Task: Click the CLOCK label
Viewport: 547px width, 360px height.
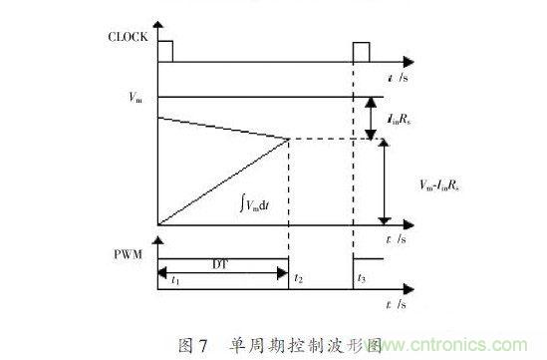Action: click(x=129, y=39)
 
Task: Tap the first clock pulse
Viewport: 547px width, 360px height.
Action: click(x=165, y=51)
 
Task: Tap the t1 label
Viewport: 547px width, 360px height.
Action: click(x=174, y=281)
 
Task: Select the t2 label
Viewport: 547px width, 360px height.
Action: click(x=297, y=281)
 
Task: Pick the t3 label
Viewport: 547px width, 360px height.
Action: click(x=362, y=281)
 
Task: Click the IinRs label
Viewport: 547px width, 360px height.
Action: click(x=424, y=118)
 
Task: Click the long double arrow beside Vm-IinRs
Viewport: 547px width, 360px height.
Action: click(x=384, y=181)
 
